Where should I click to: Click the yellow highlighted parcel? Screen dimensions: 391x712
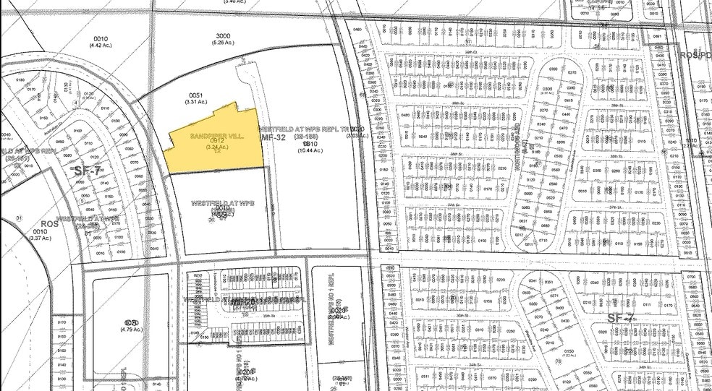[217, 141]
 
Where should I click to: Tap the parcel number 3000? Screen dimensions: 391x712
[224, 35]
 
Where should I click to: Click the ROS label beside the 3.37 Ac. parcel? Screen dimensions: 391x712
[48, 224]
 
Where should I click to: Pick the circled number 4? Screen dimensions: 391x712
[75, 103]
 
